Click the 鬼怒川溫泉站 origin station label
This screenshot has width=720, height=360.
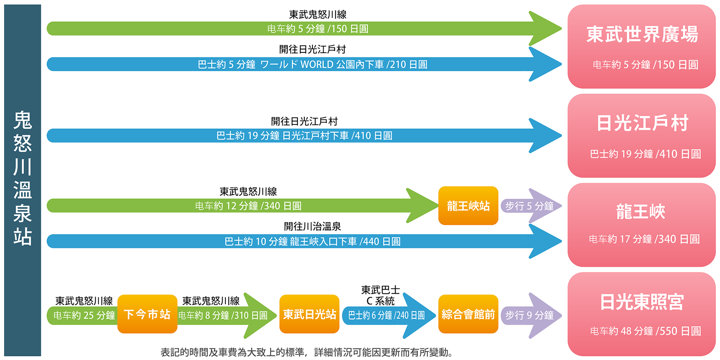(22, 178)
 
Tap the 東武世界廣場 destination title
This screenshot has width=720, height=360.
(642, 34)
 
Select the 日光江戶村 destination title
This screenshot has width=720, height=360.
(642, 123)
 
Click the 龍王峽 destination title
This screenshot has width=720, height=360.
(641, 212)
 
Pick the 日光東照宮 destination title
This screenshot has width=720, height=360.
(641, 302)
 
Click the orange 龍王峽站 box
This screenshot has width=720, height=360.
(468, 206)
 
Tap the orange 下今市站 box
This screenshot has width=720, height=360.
(147, 314)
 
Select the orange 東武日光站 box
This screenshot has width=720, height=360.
(310, 314)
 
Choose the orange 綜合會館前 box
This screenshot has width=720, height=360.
(468, 314)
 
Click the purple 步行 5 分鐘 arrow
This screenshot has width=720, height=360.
(531, 206)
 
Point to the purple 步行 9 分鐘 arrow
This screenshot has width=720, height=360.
(531, 315)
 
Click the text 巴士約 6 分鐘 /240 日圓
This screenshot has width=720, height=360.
(386, 315)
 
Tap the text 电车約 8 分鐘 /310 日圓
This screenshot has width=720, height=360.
(223, 315)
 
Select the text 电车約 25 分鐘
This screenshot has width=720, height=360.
(84, 315)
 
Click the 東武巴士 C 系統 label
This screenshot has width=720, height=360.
(380, 296)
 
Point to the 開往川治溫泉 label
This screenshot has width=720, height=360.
(313, 226)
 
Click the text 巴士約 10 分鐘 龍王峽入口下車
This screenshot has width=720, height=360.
(290, 242)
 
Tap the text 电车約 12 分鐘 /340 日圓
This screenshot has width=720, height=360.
(248, 206)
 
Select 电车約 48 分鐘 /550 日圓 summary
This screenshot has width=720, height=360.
(646, 331)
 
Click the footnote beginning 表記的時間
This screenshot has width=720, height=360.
(307, 352)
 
